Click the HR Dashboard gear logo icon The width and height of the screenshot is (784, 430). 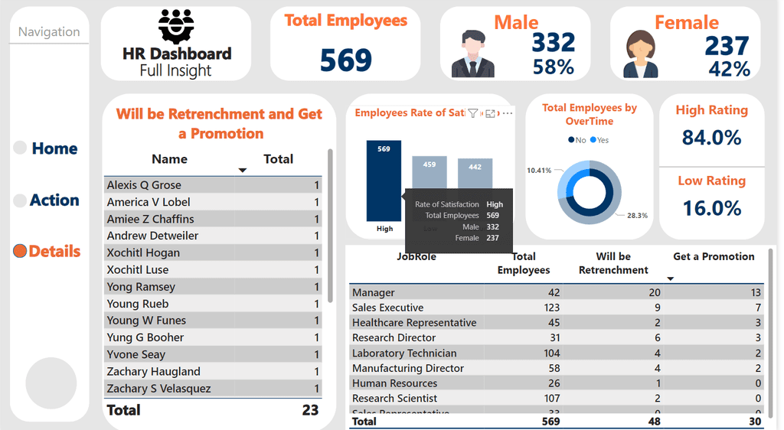(176, 26)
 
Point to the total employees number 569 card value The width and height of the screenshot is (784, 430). (345, 60)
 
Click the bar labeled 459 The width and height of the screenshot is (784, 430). (430, 172)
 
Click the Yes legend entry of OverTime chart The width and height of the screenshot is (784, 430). (600, 140)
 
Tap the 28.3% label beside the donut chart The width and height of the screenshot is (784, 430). (636, 216)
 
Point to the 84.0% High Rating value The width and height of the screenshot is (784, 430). (711, 138)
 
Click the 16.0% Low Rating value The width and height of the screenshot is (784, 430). (711, 208)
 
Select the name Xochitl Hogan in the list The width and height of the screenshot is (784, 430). (144, 253)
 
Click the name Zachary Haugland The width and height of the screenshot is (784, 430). (154, 372)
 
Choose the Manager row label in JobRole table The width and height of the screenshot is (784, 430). (374, 292)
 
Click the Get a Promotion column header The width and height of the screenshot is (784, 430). (714, 256)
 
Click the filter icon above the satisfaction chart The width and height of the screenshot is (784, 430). (473, 113)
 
